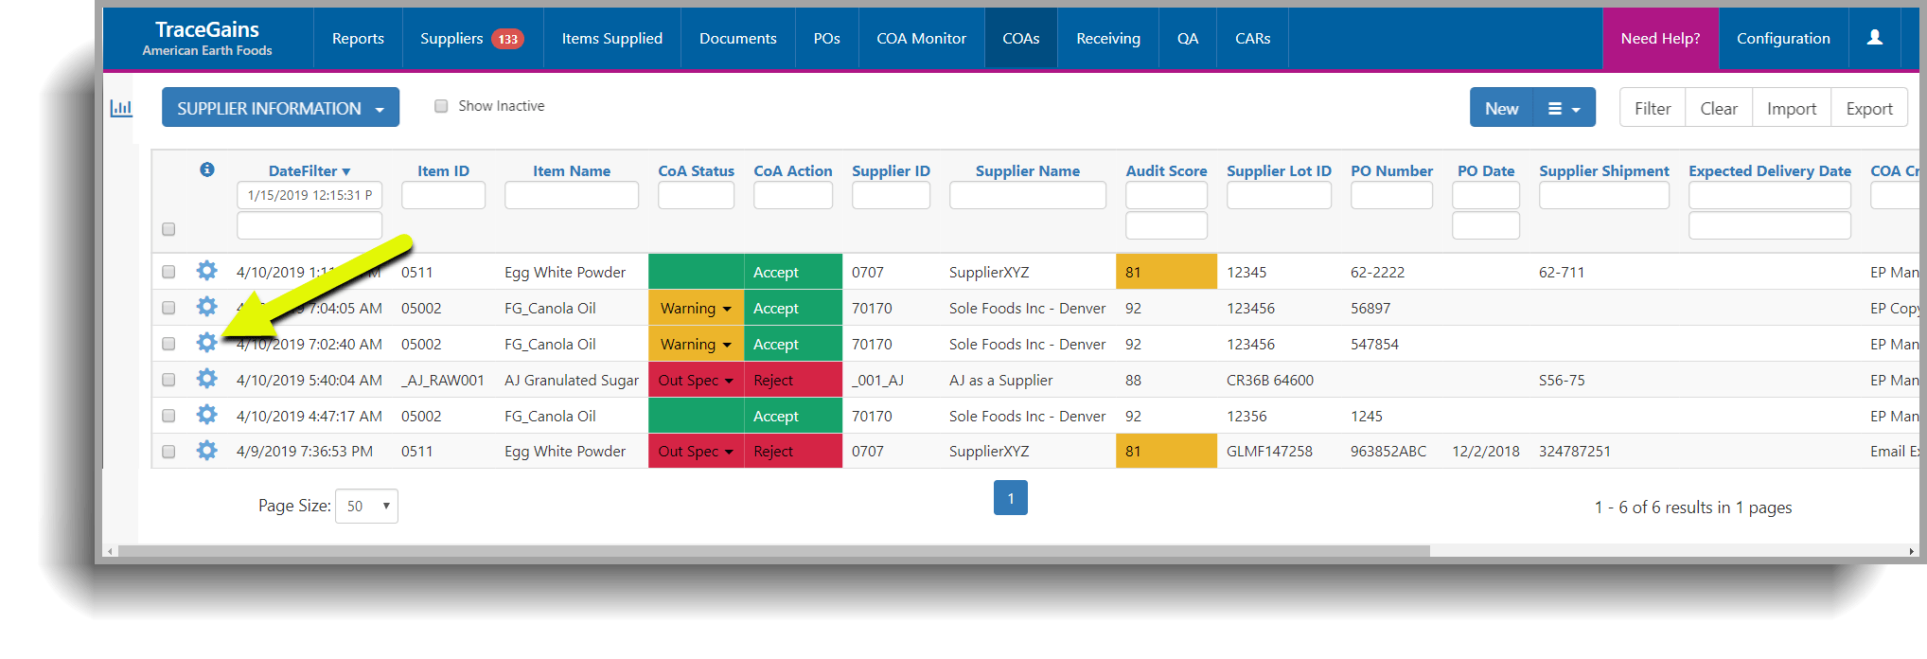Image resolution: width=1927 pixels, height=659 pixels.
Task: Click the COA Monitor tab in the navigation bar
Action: tap(921, 39)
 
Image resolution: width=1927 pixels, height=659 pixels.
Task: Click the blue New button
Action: tap(1501, 108)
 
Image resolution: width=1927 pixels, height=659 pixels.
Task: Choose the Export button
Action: tap(1868, 108)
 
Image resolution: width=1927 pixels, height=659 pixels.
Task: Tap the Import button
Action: tap(1791, 108)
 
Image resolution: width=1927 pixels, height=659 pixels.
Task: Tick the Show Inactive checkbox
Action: tap(441, 106)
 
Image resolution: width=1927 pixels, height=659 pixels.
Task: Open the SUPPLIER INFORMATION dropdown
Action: tap(280, 108)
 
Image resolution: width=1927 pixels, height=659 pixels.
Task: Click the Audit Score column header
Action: tap(1166, 170)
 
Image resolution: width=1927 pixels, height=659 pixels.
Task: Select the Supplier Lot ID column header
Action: tap(1278, 170)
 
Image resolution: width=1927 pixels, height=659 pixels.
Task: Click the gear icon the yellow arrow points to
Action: tap(206, 343)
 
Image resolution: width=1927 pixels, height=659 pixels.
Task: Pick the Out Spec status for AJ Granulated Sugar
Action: tap(696, 380)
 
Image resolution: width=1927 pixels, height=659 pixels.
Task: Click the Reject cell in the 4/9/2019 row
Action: tap(792, 452)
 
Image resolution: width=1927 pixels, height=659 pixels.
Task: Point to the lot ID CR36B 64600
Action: tap(1269, 380)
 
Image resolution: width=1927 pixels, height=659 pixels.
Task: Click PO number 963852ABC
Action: tap(1388, 452)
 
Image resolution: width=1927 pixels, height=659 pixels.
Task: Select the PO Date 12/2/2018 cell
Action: tap(1485, 452)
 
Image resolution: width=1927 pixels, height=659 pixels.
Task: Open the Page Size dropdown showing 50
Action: tap(366, 506)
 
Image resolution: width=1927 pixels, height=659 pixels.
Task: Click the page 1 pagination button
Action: tap(1010, 498)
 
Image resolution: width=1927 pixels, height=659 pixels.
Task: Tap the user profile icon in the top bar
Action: tap(1874, 38)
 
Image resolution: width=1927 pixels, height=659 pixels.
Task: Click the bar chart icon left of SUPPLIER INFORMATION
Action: tap(121, 108)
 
